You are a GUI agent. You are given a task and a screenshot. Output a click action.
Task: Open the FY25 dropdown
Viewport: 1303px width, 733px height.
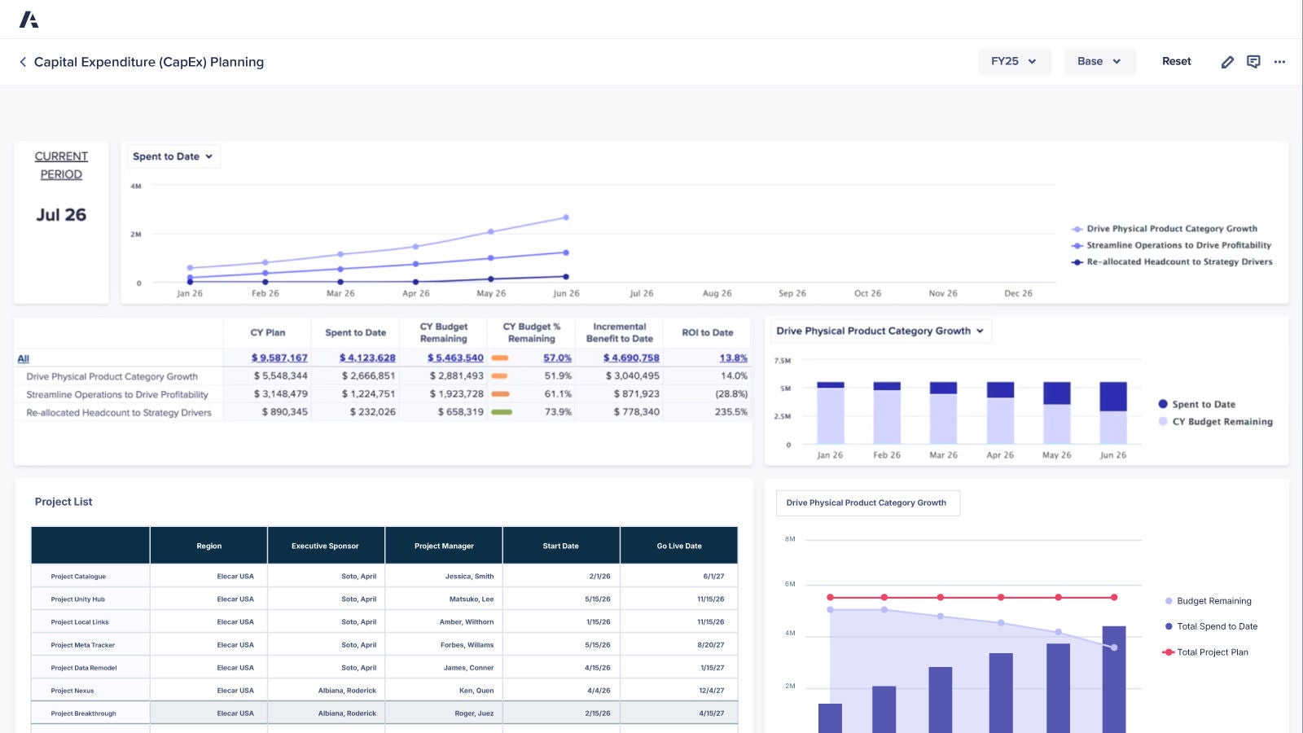1014,61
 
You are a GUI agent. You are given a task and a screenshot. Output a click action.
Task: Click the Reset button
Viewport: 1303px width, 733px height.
1176,61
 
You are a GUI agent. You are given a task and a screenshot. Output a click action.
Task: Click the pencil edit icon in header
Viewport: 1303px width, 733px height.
1227,62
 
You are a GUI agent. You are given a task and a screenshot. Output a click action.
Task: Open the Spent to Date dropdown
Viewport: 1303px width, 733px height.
173,156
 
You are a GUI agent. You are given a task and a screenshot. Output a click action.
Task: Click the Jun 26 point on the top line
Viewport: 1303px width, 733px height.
566,217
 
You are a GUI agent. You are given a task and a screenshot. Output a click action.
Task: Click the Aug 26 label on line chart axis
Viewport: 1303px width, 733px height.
717,293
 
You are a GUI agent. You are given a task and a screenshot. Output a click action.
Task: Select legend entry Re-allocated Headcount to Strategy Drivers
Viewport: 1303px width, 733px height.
1178,261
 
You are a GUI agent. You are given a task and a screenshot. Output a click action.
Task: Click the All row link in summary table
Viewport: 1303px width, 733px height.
23,358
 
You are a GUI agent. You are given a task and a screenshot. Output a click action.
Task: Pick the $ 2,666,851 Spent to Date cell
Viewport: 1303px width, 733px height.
368,375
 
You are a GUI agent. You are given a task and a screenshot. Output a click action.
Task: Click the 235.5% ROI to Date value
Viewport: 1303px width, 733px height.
730,411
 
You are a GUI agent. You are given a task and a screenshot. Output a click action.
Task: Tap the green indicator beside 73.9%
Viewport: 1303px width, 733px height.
502,412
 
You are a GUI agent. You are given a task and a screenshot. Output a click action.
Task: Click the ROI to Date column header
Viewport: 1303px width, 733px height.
707,332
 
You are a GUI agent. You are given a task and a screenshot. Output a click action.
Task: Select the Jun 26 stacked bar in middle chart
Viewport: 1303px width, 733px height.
1112,412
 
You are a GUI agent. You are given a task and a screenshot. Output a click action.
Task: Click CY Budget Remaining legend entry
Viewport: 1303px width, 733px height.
1222,421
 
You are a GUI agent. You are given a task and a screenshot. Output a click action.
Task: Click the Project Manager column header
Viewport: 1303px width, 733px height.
444,546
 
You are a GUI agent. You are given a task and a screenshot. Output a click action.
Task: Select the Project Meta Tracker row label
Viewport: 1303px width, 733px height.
82,645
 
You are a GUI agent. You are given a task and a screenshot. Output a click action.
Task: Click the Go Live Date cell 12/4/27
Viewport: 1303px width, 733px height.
711,691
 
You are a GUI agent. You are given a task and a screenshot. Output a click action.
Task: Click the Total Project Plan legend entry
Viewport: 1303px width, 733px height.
1212,652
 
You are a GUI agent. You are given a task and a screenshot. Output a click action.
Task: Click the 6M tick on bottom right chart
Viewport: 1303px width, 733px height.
790,584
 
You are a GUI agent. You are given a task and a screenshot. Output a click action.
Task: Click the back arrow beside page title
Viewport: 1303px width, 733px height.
23,62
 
